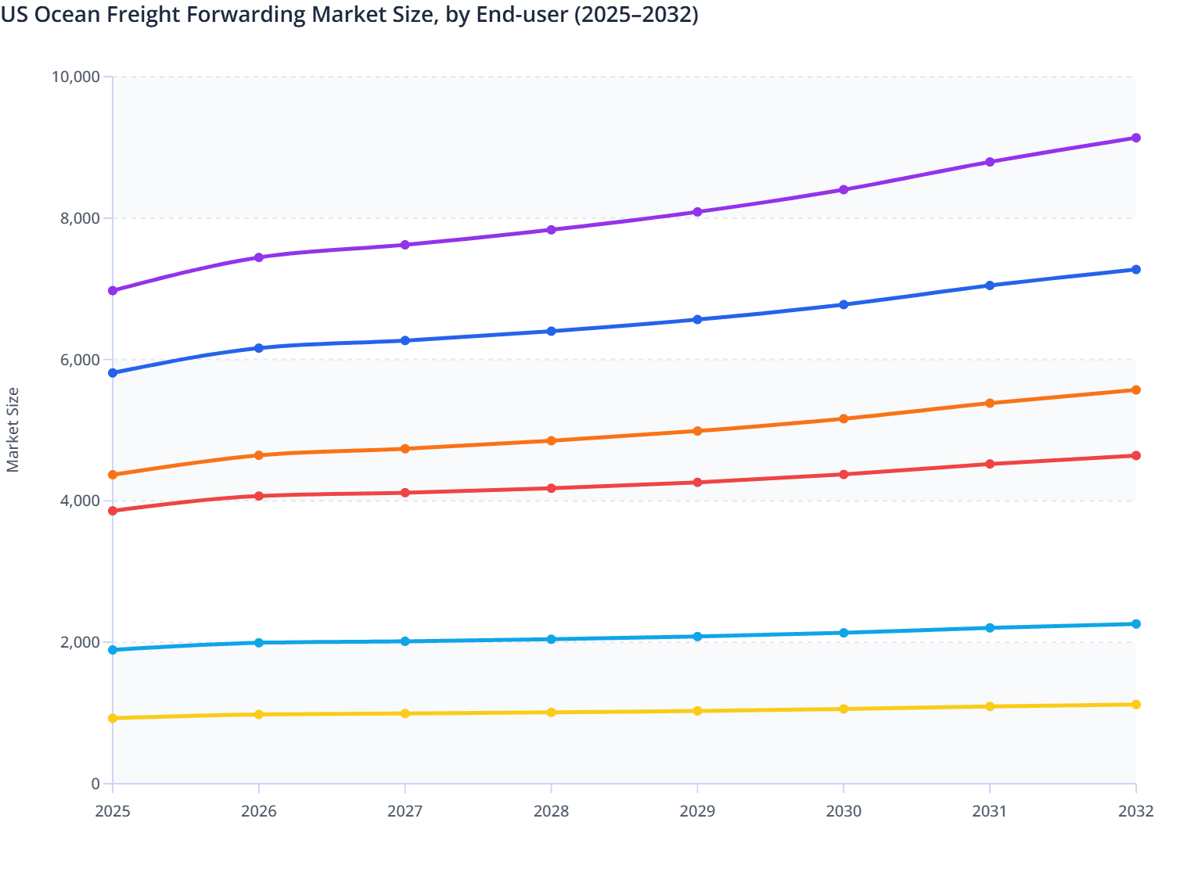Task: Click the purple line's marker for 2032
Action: pyautogui.click(x=1135, y=138)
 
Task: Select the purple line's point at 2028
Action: pyautogui.click(x=551, y=230)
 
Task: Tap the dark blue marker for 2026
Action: pyautogui.click(x=259, y=348)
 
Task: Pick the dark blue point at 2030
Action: pyautogui.click(x=844, y=304)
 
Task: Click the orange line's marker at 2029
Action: pyautogui.click(x=697, y=431)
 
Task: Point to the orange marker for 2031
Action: pyautogui.click(x=990, y=404)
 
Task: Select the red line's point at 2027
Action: pyautogui.click(x=405, y=493)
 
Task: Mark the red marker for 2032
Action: pyautogui.click(x=1135, y=456)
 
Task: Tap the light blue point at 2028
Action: pyautogui.click(x=551, y=639)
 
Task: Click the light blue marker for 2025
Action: pyautogui.click(x=113, y=650)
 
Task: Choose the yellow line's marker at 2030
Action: pyautogui.click(x=844, y=709)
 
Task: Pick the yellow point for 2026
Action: pyautogui.click(x=259, y=714)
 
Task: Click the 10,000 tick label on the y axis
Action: pyautogui.click(x=76, y=77)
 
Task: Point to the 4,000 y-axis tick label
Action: pyautogui.click(x=81, y=501)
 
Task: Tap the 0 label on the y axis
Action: pyautogui.click(x=95, y=784)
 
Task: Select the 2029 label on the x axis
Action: pyautogui.click(x=697, y=811)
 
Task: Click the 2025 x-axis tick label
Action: pyautogui.click(x=113, y=811)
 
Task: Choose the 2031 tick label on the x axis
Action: pyautogui.click(x=990, y=811)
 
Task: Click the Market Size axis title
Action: pyautogui.click(x=13, y=430)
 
